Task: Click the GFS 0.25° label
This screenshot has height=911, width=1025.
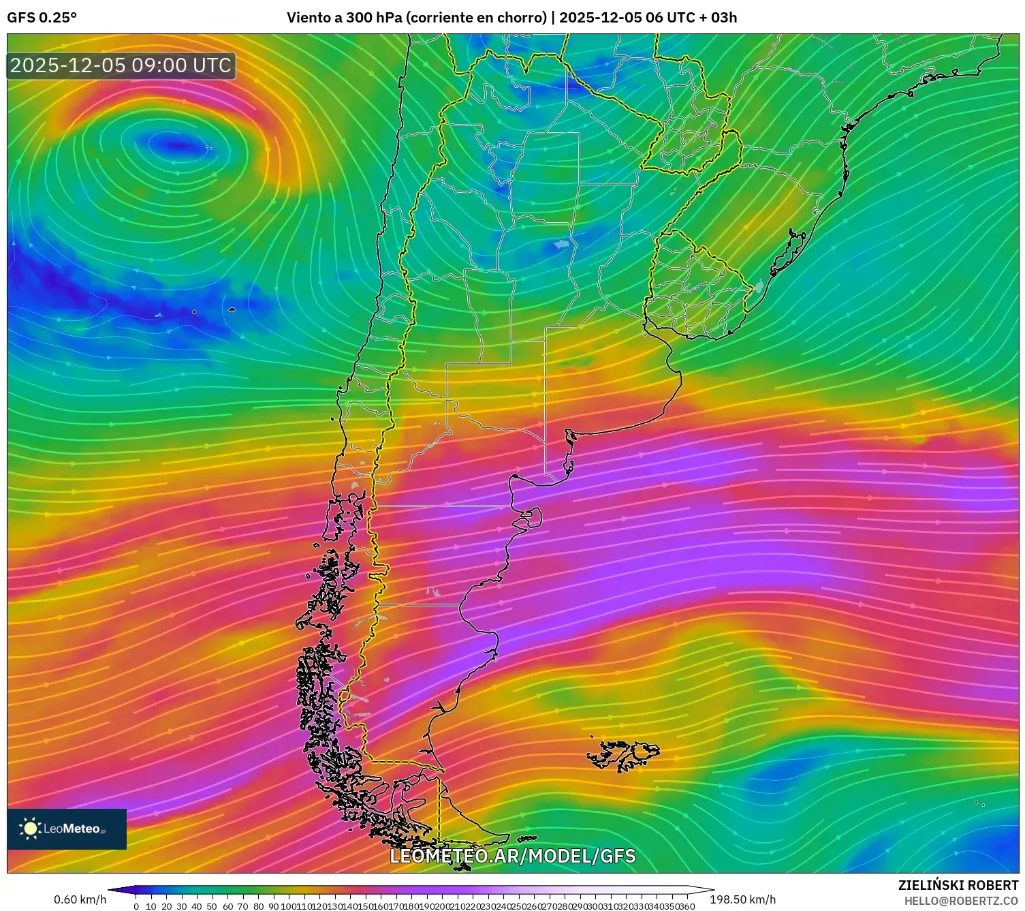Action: point(42,18)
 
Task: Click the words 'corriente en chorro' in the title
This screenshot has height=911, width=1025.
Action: point(476,18)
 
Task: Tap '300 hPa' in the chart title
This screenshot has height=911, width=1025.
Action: point(374,18)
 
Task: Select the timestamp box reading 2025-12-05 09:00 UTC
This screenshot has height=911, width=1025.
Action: point(121,65)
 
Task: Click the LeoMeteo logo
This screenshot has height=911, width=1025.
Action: point(66,829)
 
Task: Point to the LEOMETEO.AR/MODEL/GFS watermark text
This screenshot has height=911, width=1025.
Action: point(512,856)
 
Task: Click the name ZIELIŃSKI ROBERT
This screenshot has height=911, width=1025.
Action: point(958,886)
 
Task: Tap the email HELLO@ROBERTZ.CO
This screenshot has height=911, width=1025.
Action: point(961,901)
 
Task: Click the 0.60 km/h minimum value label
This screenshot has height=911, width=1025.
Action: point(80,899)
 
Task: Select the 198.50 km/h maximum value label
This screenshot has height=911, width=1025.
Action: point(742,899)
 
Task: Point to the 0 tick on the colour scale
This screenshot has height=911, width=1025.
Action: point(136,906)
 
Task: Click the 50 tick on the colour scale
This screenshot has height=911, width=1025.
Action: point(212,906)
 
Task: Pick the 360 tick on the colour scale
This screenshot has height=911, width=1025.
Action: point(687,906)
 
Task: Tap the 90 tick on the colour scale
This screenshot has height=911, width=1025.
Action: point(273,906)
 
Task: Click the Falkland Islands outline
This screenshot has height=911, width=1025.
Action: point(625,754)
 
